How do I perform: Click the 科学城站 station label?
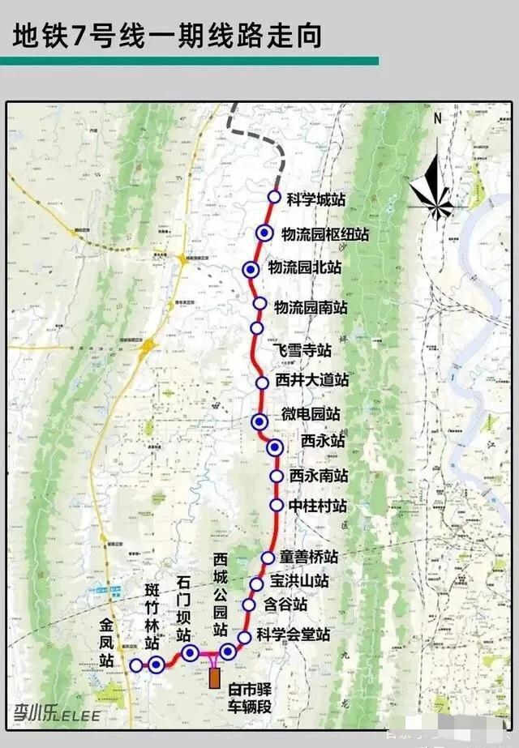(x=317, y=199)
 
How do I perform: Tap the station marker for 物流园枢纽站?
(x=264, y=233)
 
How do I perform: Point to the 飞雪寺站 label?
(x=302, y=350)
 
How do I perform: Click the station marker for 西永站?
(x=275, y=447)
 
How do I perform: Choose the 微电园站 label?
(x=311, y=414)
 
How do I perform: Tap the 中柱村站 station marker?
(x=276, y=506)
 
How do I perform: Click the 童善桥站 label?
(x=309, y=558)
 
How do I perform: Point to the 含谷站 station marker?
(x=249, y=605)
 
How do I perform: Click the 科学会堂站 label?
(x=294, y=634)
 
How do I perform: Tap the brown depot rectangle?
(x=215, y=677)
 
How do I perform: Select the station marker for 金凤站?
(x=135, y=665)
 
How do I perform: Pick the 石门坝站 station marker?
(x=190, y=653)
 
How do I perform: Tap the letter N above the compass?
(x=438, y=118)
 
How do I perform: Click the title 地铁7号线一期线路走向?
(x=167, y=36)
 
